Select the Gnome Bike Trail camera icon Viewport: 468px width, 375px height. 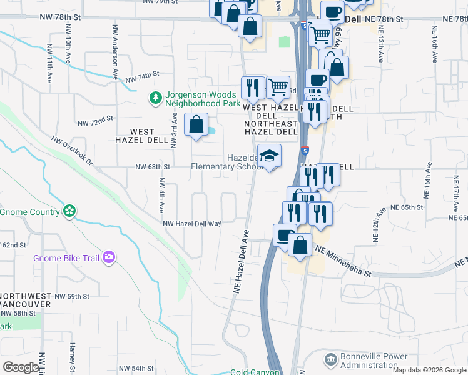point(109,257)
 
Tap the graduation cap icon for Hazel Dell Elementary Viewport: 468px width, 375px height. point(270,156)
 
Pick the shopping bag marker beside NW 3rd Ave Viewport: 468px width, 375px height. point(196,124)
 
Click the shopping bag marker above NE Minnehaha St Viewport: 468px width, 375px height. point(300,246)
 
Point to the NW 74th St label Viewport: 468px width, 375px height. point(139,78)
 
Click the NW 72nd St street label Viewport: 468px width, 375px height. point(95,117)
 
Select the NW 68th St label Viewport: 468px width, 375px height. point(153,167)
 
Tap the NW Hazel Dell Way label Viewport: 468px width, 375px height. point(192,224)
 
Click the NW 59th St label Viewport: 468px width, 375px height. point(72,296)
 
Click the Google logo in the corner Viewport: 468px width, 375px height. point(20,367)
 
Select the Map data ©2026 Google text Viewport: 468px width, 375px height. point(429,370)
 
